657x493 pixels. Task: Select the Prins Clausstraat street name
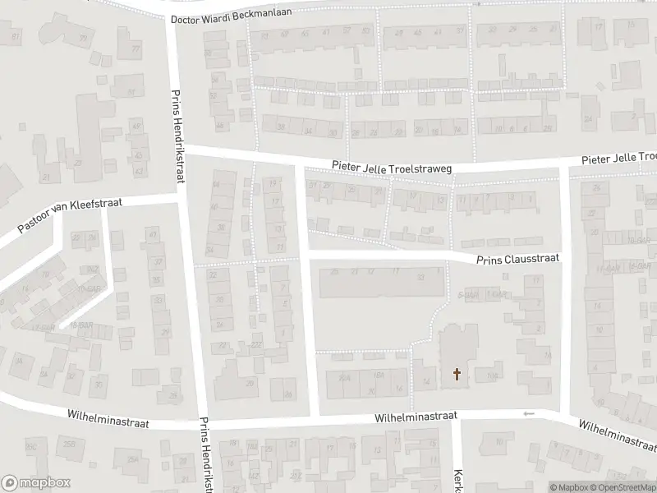[x=518, y=258]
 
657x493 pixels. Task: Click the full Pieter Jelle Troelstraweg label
[x=392, y=167]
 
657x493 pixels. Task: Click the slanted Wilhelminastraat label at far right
[x=617, y=435]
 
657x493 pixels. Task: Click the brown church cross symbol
[x=457, y=376]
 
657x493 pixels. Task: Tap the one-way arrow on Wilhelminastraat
[x=529, y=413]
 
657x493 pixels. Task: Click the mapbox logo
[x=35, y=483]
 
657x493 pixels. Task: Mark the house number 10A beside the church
[x=492, y=376]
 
